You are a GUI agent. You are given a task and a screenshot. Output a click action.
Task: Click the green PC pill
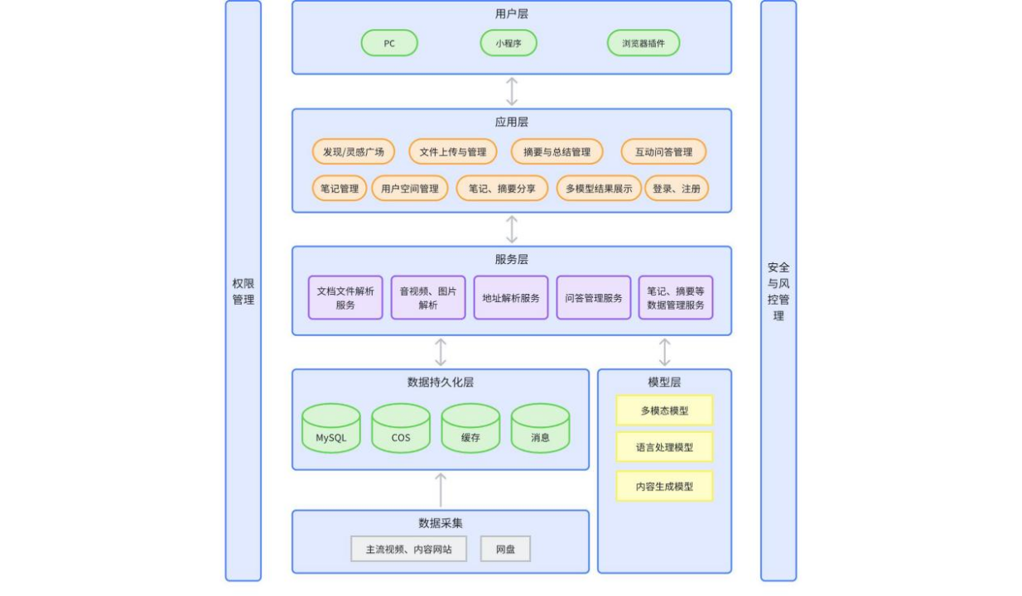pos(389,43)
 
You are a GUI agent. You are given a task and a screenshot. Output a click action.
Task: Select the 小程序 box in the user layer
pos(509,43)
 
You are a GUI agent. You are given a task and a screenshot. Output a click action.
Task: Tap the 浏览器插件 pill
pos(644,43)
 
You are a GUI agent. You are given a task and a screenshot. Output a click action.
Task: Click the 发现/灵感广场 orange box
pos(353,151)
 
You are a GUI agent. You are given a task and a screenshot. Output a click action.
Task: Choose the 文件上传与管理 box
pos(453,151)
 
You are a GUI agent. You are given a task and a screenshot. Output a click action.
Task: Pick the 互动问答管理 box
pos(663,151)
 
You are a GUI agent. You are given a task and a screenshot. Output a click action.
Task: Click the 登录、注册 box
pos(677,188)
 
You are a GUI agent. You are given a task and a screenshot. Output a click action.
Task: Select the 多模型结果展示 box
pos(599,188)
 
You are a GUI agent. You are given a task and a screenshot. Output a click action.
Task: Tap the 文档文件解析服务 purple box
pos(345,298)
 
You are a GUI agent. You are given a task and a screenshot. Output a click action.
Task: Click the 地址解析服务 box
pos(511,298)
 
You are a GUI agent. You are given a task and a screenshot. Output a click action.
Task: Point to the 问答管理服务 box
pos(594,298)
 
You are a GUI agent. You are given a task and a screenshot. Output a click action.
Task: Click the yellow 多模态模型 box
pos(664,410)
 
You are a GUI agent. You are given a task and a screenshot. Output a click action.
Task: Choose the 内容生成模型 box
pos(664,486)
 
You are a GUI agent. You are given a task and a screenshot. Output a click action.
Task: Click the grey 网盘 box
pos(505,549)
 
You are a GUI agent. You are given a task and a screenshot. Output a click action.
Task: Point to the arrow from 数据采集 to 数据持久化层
pos(441,489)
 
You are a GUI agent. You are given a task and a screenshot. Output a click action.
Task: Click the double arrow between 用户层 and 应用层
pos(512,91)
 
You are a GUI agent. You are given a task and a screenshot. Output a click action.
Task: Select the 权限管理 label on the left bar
pos(243,291)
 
